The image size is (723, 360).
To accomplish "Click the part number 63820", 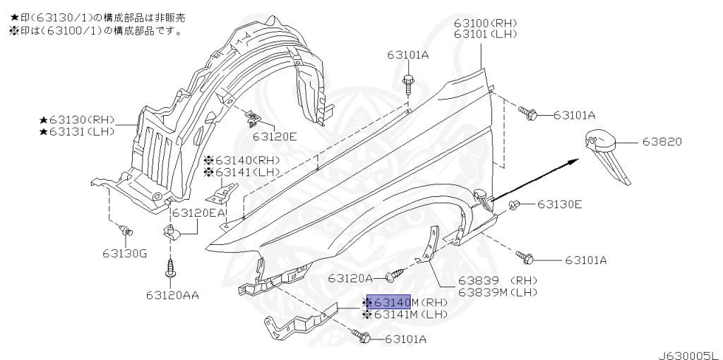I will point(662,142).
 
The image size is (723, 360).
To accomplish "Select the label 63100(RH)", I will point(486,23).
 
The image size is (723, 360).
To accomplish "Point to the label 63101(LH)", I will point(486,33).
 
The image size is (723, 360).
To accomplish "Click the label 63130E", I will point(559,205).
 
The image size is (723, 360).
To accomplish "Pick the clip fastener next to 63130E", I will point(515,205).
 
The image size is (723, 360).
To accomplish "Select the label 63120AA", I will point(172,295).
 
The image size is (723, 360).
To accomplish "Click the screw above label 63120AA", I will point(170,270).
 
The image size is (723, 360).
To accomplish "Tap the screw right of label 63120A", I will point(398,271).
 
